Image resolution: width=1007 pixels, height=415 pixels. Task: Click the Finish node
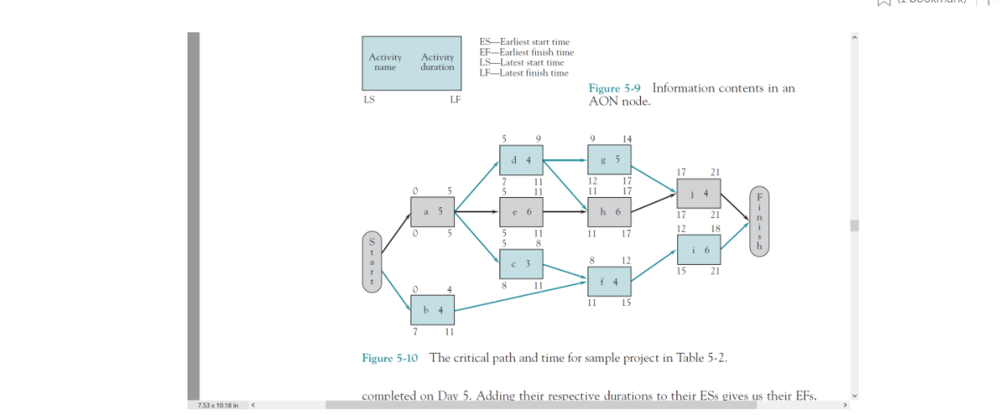coord(760,221)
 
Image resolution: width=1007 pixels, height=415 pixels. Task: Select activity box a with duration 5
coord(432,212)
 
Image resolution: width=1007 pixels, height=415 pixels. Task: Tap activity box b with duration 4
coord(432,310)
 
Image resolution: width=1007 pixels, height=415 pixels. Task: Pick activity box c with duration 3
coord(521,264)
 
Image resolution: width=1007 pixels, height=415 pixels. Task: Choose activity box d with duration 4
coord(521,160)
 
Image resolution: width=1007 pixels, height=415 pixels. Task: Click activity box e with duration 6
coord(521,212)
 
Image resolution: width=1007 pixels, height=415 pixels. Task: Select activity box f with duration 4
coord(609,282)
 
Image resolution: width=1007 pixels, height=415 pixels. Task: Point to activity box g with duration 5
coord(609,160)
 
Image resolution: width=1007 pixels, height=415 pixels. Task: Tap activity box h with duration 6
coord(609,212)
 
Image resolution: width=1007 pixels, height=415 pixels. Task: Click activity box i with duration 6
coord(698,250)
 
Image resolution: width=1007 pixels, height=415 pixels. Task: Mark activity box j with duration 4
coord(698,194)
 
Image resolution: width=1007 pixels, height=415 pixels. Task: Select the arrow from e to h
coord(566,212)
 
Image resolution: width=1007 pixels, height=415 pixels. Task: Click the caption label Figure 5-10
coord(390,358)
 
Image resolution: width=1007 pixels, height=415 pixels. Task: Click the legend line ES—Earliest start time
coord(524,42)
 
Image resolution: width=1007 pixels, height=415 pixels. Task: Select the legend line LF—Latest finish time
coord(524,73)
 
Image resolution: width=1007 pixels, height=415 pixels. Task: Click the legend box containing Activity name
coord(411,62)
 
